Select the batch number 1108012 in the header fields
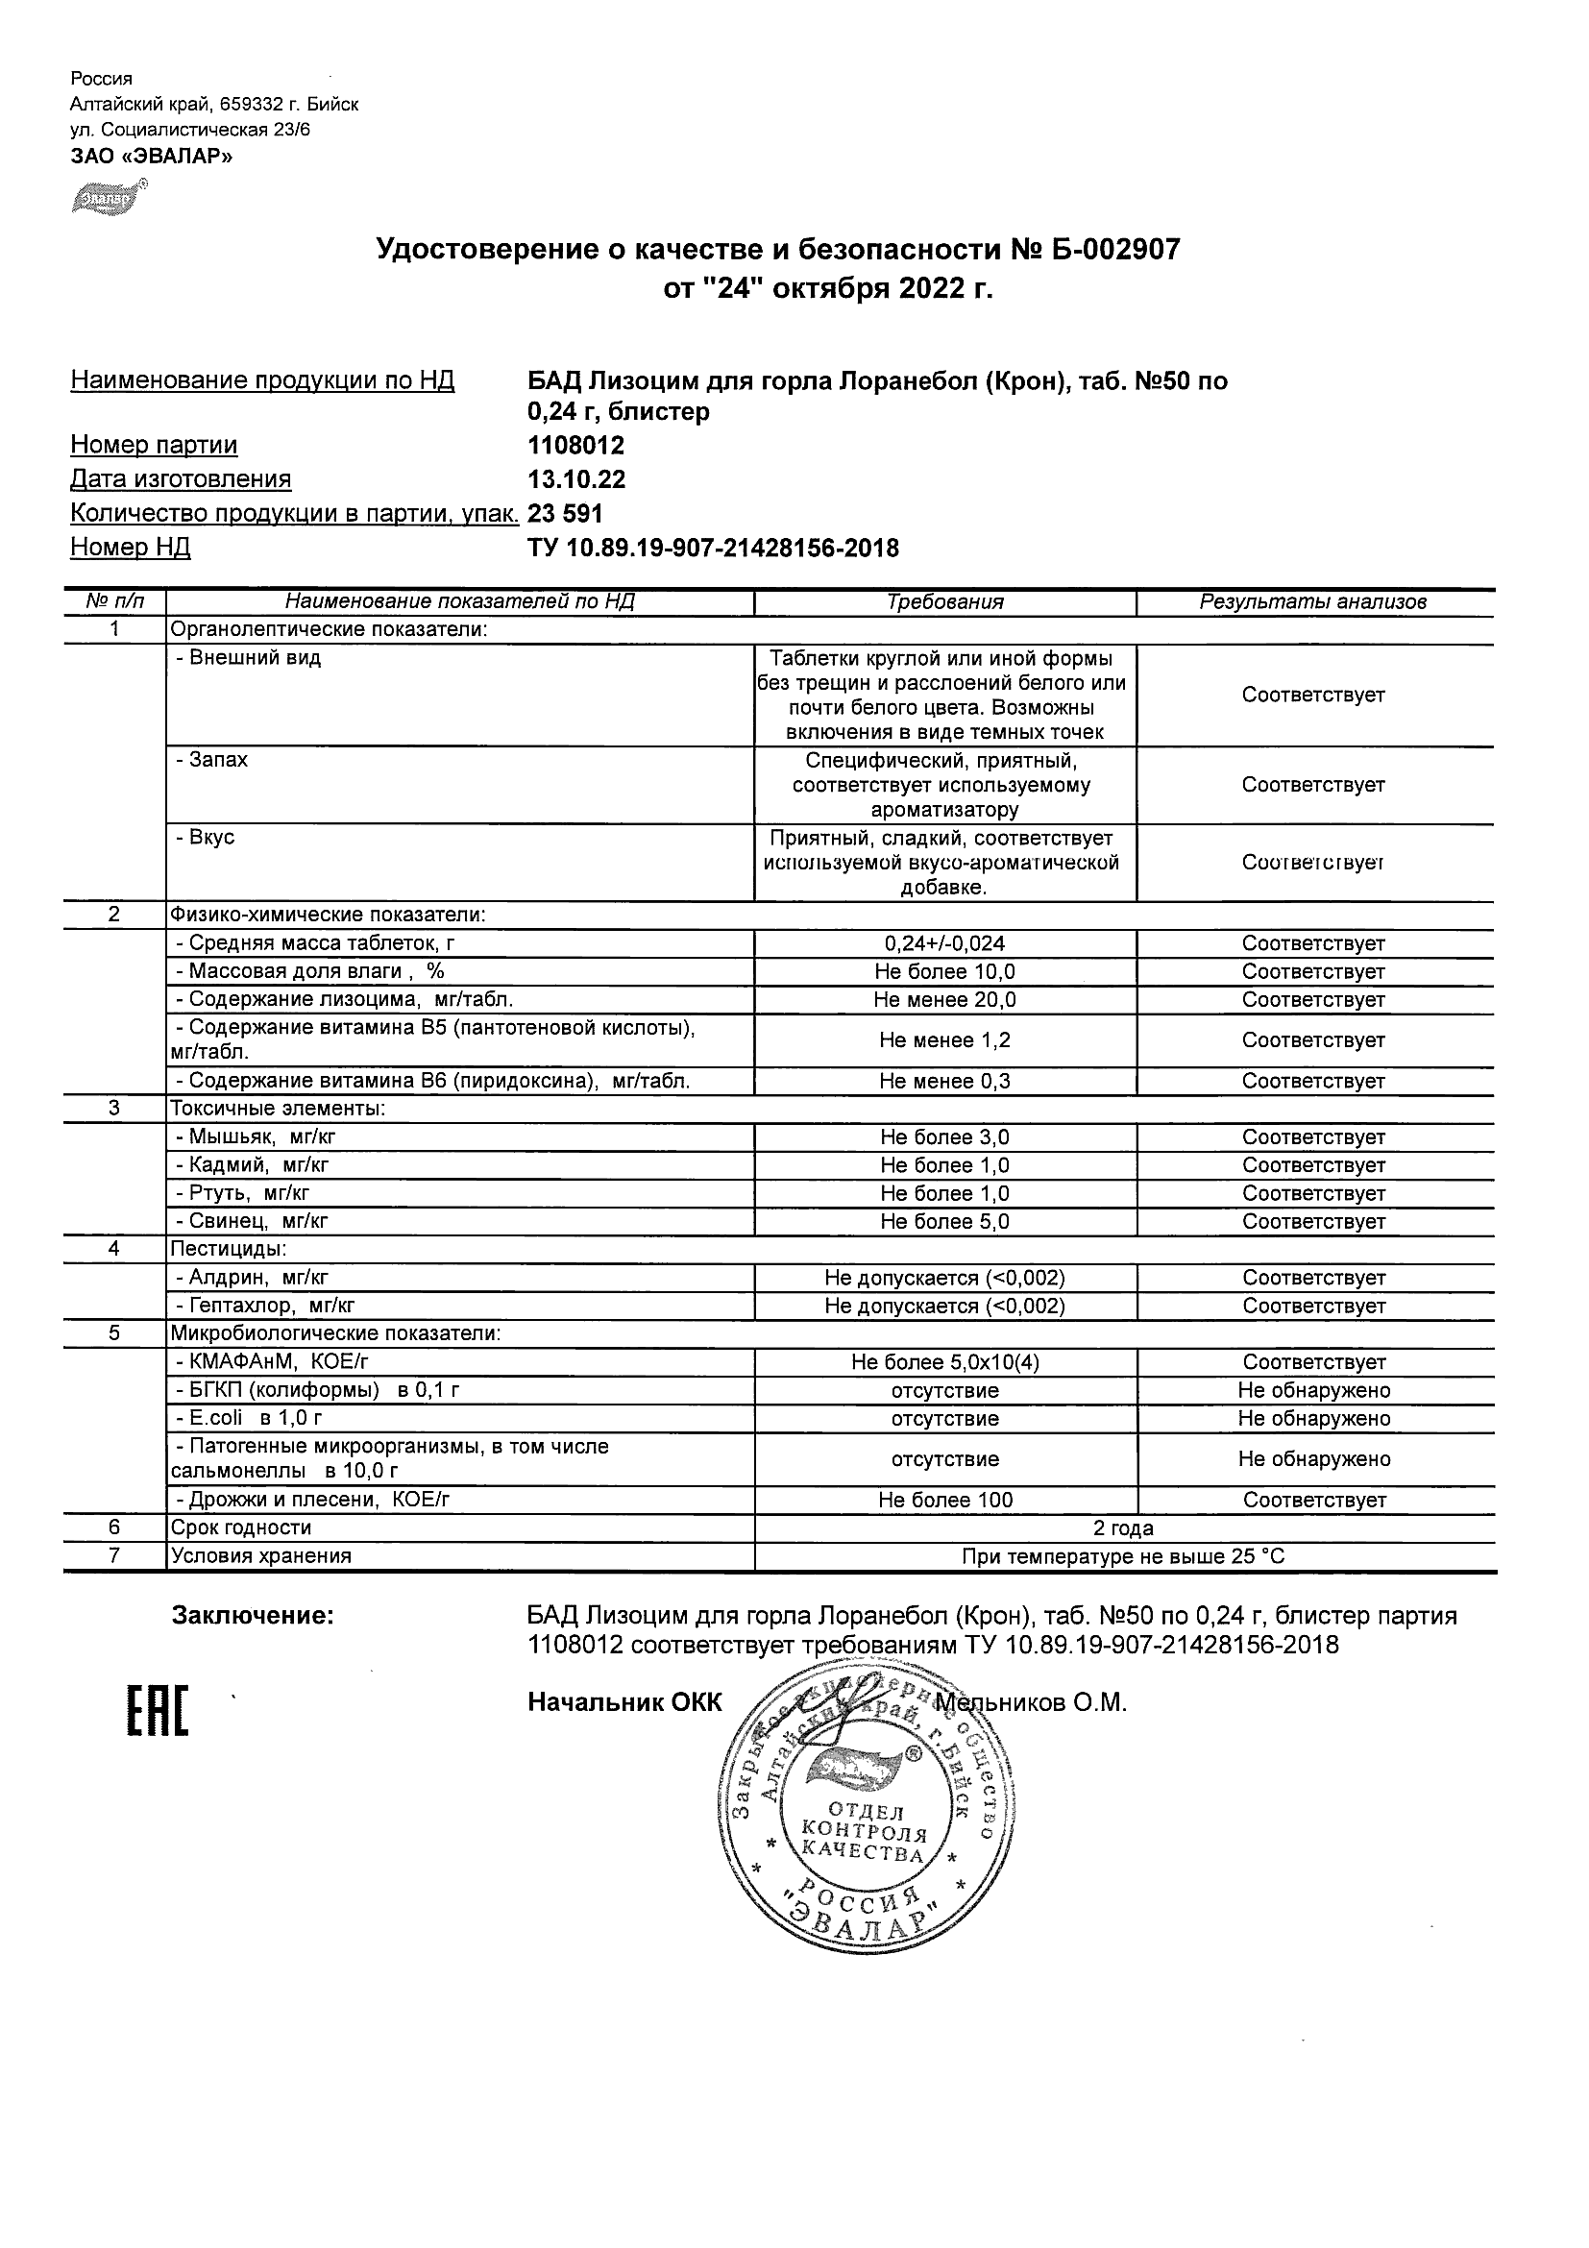(x=575, y=446)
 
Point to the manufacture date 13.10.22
(x=576, y=479)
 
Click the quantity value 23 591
(x=565, y=513)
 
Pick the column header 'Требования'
(x=944, y=602)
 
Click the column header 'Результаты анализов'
(x=1313, y=602)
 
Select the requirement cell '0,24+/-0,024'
(x=944, y=943)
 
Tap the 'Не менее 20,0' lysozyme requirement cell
(x=944, y=1000)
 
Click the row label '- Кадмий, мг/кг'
(x=252, y=1165)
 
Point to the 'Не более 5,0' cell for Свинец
(x=944, y=1222)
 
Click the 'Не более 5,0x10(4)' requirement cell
(x=944, y=1362)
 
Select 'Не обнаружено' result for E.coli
(x=1314, y=1419)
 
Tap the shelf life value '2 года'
(x=1124, y=1528)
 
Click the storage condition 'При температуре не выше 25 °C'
(x=1124, y=1556)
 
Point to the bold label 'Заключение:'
(x=253, y=1617)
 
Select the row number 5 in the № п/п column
(x=114, y=1333)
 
